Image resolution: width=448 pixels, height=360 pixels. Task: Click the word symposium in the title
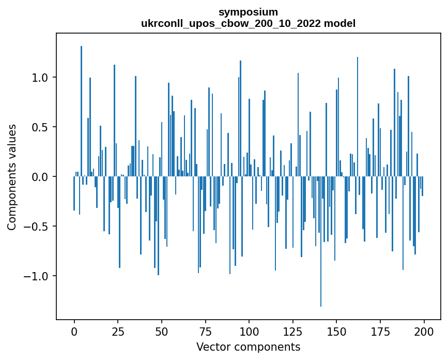[x=248, y=12]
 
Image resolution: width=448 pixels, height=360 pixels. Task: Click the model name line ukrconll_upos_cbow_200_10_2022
[x=248, y=23]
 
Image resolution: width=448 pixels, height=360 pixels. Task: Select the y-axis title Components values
[x=12, y=177]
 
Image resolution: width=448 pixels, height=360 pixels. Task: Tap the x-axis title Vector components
[x=248, y=347]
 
